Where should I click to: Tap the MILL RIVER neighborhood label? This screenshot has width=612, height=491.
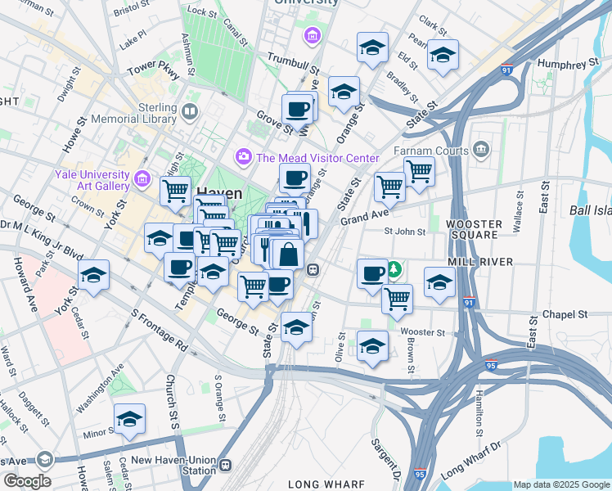479,261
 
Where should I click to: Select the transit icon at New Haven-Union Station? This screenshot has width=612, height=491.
225,465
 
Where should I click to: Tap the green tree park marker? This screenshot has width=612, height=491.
394,268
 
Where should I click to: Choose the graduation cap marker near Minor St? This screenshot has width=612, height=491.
129,419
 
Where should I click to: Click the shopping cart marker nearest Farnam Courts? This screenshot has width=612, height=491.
419,172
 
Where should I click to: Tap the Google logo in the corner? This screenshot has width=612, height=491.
26,480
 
